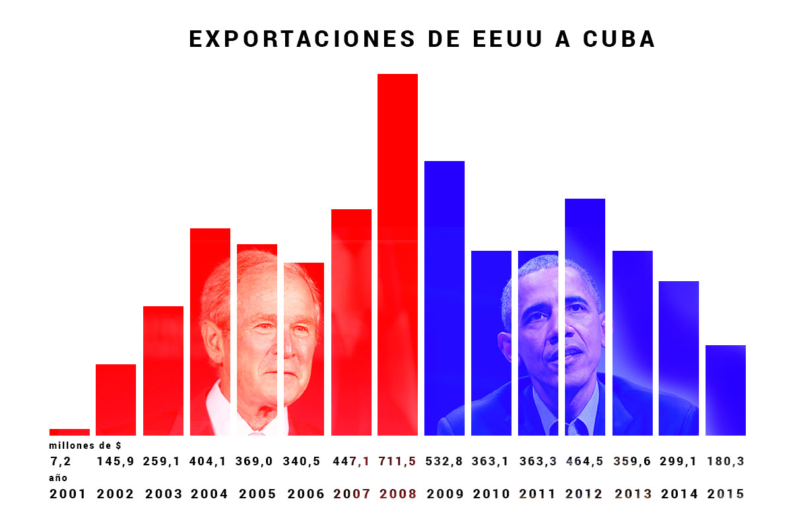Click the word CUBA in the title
(x=619, y=39)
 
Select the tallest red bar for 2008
(x=397, y=254)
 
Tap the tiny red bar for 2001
(x=69, y=432)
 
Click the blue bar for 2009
(x=444, y=297)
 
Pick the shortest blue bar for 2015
(x=725, y=389)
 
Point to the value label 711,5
(x=397, y=461)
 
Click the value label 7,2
(x=60, y=461)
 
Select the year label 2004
(x=209, y=494)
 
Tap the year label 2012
(x=585, y=494)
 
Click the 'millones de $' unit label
(x=85, y=446)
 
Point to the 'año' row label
(x=58, y=478)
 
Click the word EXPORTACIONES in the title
(x=302, y=39)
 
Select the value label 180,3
(x=725, y=461)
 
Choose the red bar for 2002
(x=115, y=399)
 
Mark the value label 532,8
(x=444, y=461)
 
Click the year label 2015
(x=725, y=494)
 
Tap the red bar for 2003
(x=163, y=370)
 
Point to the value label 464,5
(x=585, y=461)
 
